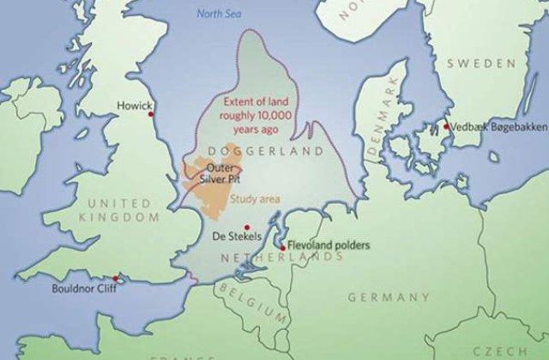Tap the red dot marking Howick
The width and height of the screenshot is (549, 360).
(151, 114)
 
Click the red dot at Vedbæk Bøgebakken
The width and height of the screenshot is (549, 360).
(446, 127)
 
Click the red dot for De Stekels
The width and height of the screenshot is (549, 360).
(247, 227)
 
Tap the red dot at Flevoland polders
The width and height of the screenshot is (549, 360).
(281, 246)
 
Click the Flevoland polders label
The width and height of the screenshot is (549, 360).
(329, 246)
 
